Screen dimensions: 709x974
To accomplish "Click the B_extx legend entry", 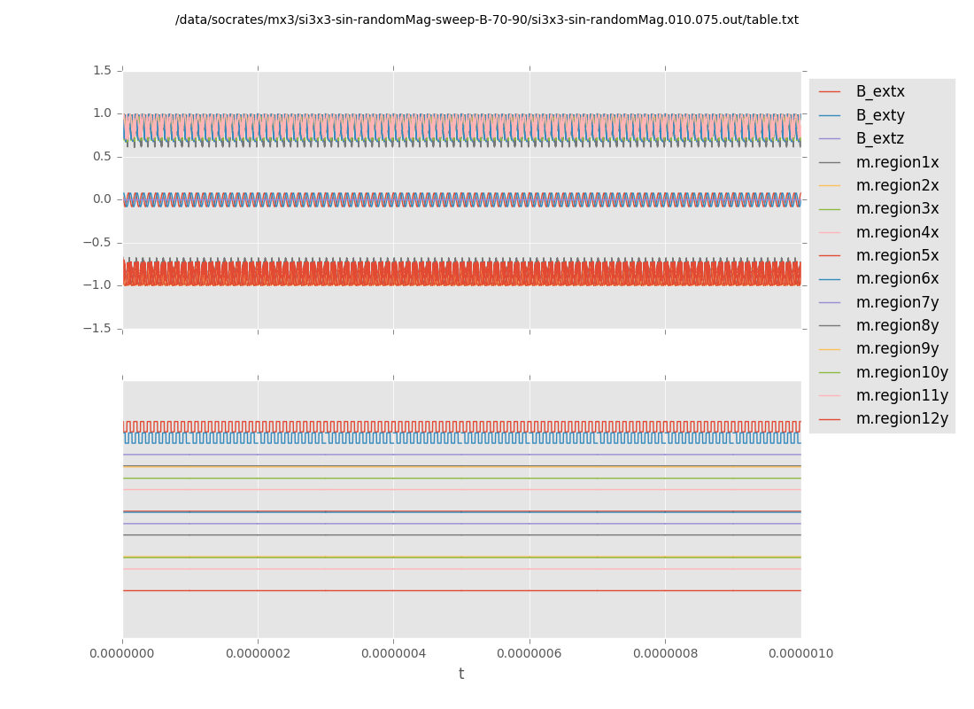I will [x=880, y=92].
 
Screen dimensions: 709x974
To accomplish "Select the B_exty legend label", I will [x=880, y=115].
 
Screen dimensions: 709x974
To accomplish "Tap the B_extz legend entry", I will [x=880, y=138].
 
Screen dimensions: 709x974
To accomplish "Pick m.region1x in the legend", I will [x=897, y=162].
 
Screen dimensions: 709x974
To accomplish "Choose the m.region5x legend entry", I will [x=897, y=255].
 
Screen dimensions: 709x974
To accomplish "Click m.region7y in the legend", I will [x=897, y=302].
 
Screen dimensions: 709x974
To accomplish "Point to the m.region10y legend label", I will [x=901, y=372].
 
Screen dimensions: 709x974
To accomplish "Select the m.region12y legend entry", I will [x=901, y=418].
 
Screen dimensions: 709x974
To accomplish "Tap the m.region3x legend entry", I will [x=897, y=209].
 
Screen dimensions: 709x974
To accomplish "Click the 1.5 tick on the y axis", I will [x=102, y=70].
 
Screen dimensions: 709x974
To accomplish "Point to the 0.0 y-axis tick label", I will [x=102, y=199].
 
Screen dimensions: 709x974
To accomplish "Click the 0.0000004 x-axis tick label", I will [x=394, y=654].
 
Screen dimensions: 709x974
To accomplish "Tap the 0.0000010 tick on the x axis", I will [x=800, y=654].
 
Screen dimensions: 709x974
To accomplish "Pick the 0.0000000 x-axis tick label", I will [x=123, y=654].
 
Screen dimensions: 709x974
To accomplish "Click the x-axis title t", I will [x=461, y=674].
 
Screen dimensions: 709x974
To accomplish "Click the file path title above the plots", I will [x=487, y=20].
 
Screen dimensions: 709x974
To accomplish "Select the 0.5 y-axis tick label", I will [x=102, y=156].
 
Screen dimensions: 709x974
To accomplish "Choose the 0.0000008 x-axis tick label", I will [x=665, y=654].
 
